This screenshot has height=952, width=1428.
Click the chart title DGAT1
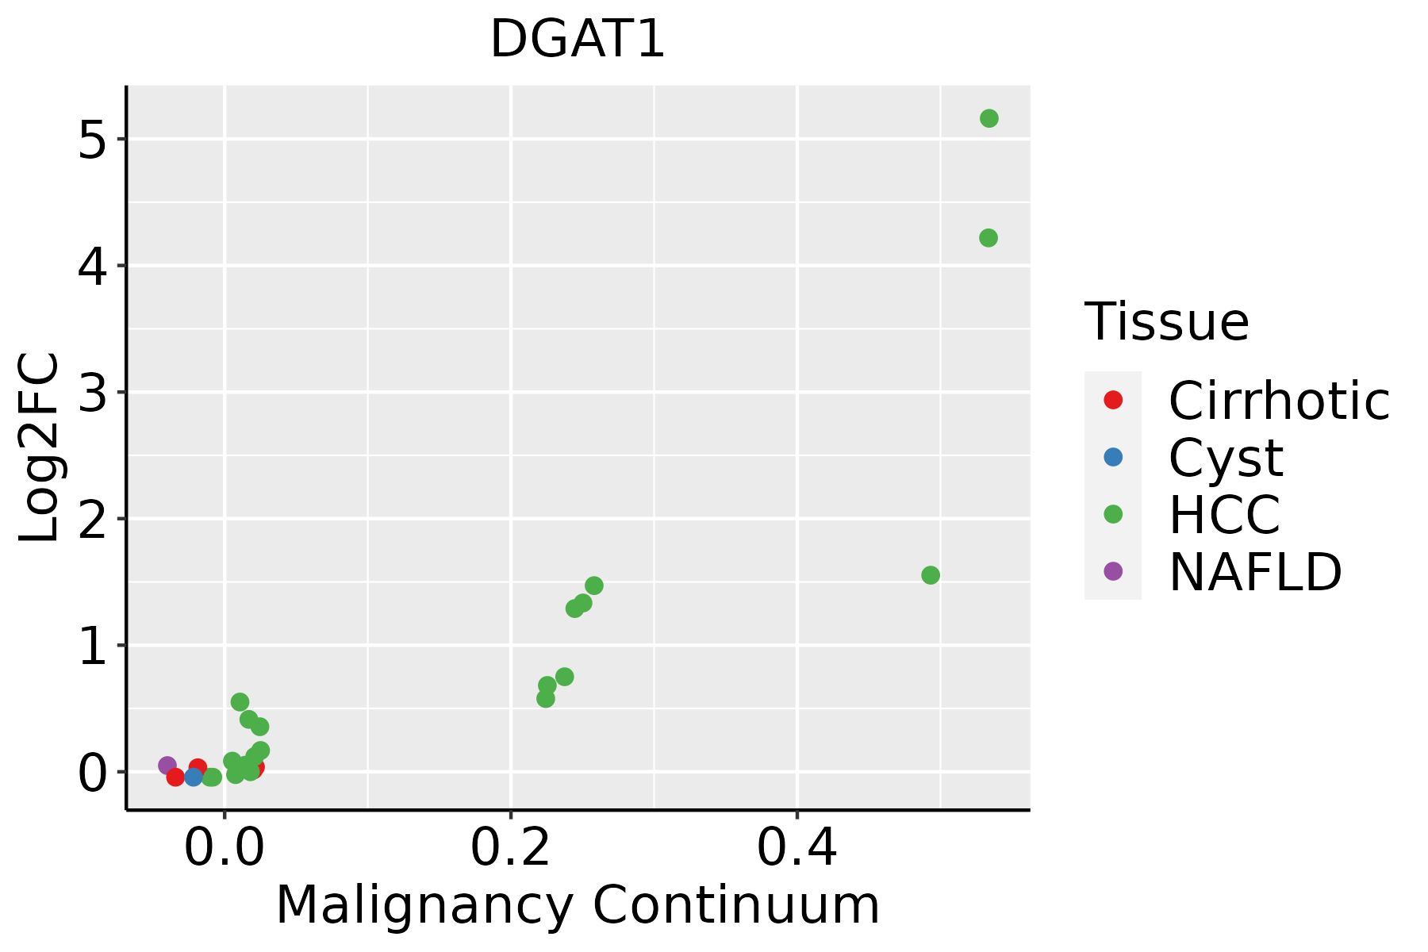point(577,40)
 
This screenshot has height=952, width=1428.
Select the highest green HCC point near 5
point(988,118)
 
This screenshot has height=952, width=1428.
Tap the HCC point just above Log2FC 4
point(988,238)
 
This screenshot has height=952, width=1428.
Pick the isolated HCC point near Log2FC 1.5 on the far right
point(931,575)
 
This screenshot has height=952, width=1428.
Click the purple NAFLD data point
point(167,766)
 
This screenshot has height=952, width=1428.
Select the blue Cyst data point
point(193,777)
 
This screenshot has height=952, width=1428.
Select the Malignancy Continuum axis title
point(577,906)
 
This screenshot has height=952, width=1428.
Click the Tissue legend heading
point(1166,322)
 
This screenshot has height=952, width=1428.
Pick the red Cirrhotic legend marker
point(1113,400)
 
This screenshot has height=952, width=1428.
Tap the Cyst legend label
point(1226,458)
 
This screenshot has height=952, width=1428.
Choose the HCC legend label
point(1224,515)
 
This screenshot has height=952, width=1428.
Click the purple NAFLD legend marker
point(1113,570)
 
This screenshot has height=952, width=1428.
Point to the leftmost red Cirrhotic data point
point(175,777)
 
